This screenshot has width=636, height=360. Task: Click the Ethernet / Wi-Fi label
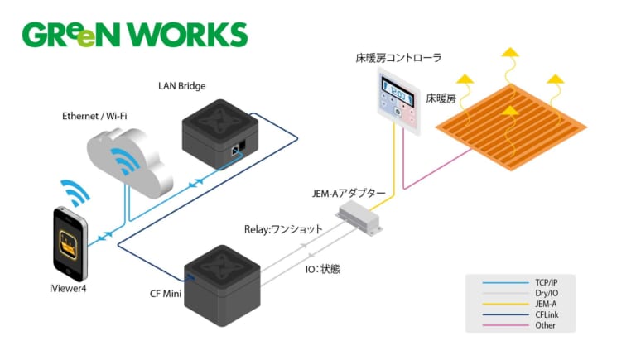pyautogui.click(x=95, y=117)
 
